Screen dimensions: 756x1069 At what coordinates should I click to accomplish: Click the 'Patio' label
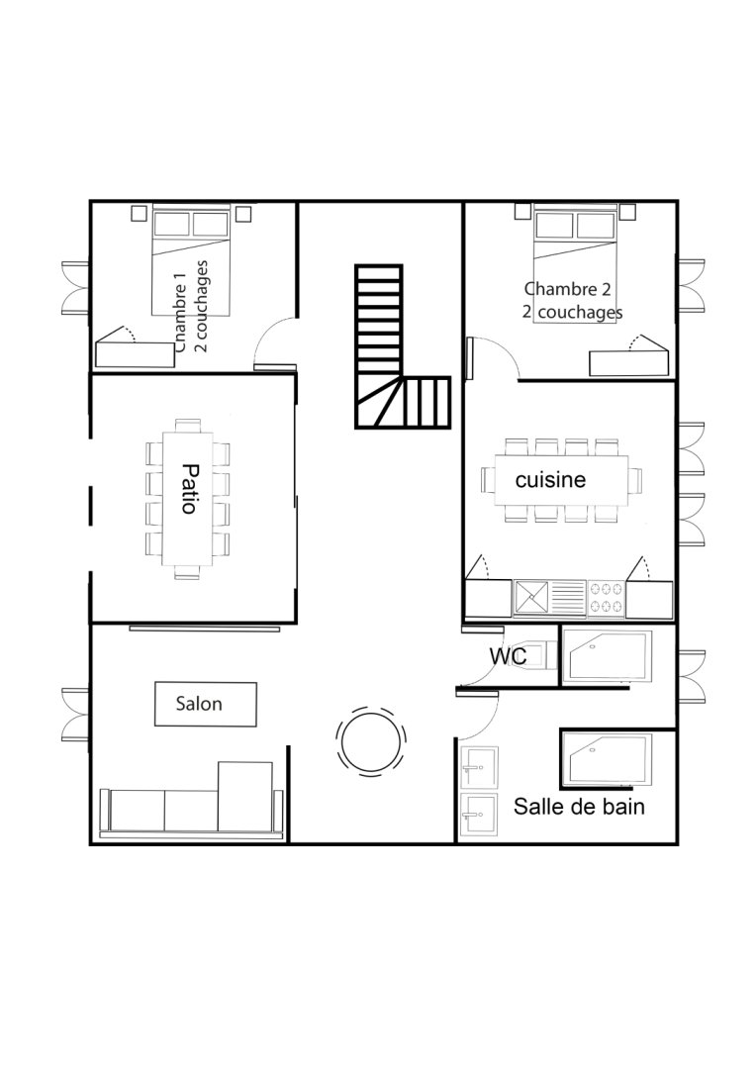[x=189, y=488]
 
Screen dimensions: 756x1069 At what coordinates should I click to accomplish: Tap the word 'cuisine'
[x=550, y=479]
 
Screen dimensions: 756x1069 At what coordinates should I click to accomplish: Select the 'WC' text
[x=508, y=656]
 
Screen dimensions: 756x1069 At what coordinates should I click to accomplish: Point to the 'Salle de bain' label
[x=579, y=807]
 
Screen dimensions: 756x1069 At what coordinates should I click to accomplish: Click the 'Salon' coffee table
[x=206, y=705]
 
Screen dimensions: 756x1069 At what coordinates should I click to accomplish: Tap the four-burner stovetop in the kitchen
[x=606, y=598]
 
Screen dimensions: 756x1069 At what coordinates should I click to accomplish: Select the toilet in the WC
[x=536, y=654]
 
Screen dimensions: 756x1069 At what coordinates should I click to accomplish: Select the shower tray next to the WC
[x=607, y=656]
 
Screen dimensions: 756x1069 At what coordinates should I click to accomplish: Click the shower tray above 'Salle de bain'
[x=607, y=757]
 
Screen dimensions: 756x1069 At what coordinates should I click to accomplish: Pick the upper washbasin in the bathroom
[x=480, y=768]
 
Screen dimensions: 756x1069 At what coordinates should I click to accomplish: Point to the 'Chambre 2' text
[x=567, y=289]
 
